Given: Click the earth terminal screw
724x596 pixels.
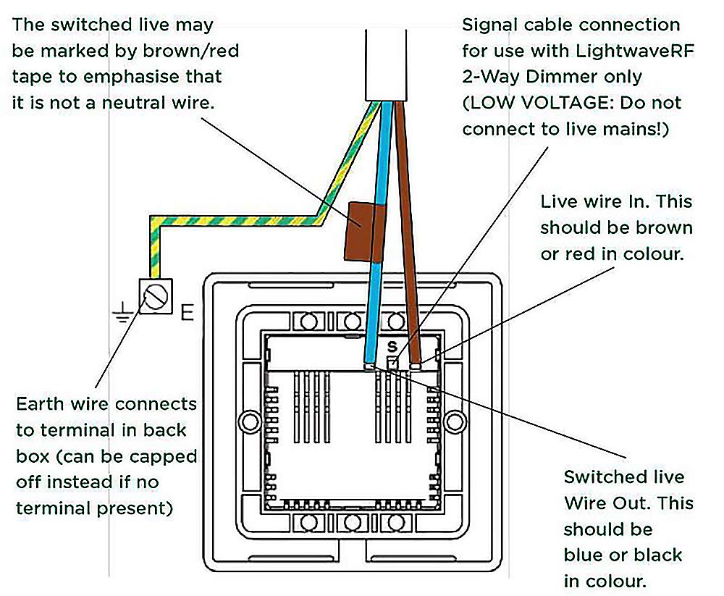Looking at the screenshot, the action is (x=156, y=296).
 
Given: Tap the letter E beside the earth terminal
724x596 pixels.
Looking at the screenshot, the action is (x=187, y=313).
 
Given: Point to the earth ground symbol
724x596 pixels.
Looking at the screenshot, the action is (x=123, y=312).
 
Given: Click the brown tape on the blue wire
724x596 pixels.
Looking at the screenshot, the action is (x=365, y=232).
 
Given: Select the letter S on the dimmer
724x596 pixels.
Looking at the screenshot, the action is (x=392, y=346).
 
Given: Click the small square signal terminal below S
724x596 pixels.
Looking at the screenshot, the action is (x=392, y=364).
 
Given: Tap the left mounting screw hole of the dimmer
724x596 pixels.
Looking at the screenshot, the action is (x=250, y=421).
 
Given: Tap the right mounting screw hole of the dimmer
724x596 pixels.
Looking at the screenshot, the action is (x=455, y=421).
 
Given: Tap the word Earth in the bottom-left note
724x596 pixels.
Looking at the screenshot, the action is (x=40, y=404).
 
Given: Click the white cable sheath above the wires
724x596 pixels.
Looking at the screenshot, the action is (x=386, y=65).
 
